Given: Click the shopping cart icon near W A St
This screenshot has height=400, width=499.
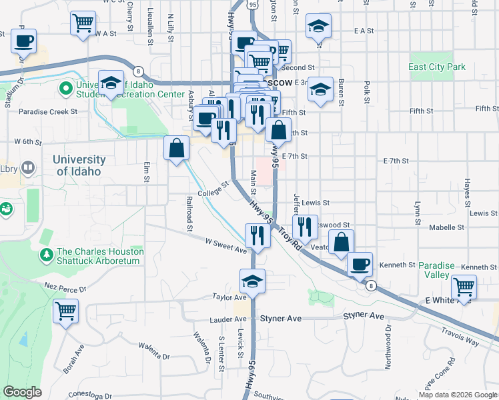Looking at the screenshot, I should pos(83,24).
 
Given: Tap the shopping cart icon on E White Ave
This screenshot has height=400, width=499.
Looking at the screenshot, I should pos(464,287).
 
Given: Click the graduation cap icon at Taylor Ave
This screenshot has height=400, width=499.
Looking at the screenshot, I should pos(253,281).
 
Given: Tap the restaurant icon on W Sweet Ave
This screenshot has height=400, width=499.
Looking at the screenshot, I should pos(256,235).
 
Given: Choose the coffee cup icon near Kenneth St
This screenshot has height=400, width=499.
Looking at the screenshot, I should pos(360,264).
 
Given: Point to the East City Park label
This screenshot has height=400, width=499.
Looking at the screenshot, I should pos(437,67).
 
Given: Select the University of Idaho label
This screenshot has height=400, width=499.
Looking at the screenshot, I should pos(79,165).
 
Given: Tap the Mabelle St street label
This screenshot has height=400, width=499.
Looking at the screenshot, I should pos(447,227).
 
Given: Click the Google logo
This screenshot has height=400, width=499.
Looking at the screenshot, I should pos(22,392).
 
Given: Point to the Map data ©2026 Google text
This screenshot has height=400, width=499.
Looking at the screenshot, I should pos(457,395).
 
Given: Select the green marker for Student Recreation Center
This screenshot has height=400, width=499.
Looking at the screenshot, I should pos(66,88).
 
